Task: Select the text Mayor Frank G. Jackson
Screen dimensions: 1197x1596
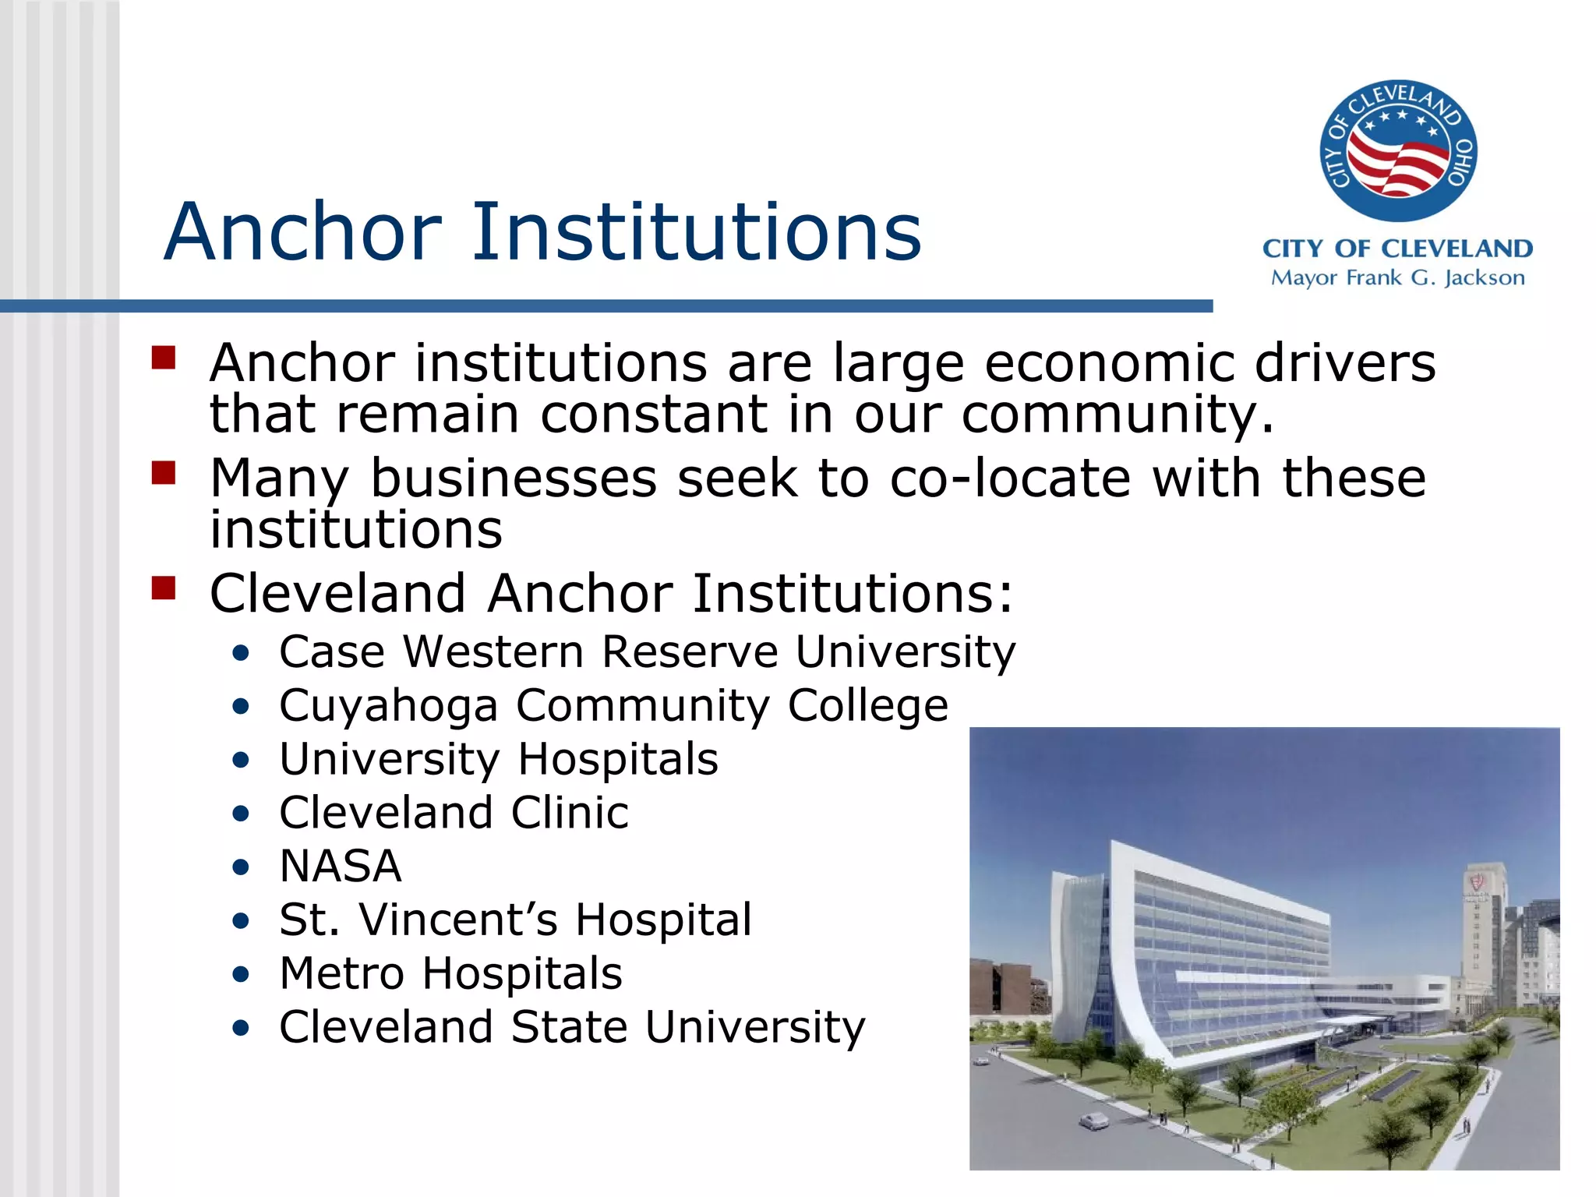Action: [1397, 278]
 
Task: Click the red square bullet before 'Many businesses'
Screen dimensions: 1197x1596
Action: [164, 472]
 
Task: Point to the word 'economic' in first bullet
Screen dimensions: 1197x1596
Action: [1109, 363]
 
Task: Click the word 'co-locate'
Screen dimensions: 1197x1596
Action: [1010, 478]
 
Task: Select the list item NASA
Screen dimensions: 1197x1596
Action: [341, 866]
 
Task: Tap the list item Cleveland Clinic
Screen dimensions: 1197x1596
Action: [454, 813]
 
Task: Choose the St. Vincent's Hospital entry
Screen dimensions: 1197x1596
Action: [515, 920]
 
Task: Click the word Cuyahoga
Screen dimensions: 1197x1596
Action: [388, 706]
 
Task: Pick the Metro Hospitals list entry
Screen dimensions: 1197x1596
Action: [450, 973]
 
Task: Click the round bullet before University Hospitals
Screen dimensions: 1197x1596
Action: [241, 760]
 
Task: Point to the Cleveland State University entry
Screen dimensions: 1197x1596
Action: [572, 1027]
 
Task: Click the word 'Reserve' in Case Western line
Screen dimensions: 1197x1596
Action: [690, 651]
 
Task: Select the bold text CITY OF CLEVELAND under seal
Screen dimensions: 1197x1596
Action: [1397, 249]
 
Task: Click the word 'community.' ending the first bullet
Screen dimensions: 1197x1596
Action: [1118, 414]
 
